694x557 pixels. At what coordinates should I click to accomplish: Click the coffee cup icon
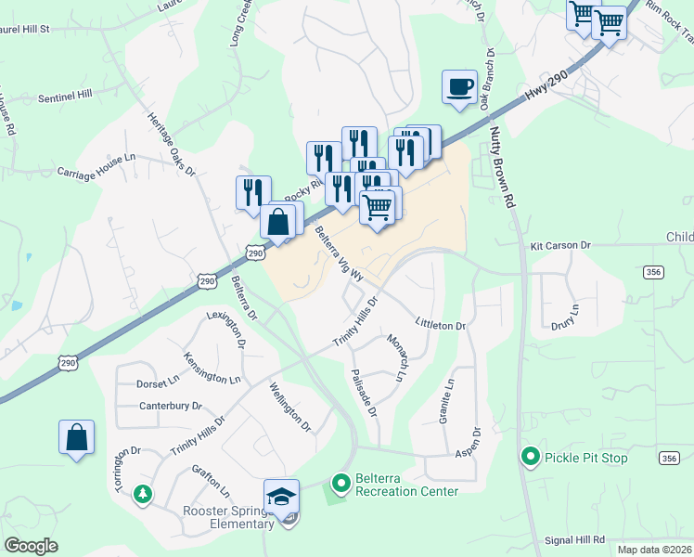[x=460, y=87]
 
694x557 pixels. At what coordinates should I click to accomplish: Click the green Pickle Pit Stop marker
[x=530, y=458]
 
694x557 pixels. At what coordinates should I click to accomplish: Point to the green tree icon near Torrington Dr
[x=141, y=492]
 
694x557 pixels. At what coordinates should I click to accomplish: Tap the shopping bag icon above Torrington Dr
[x=76, y=438]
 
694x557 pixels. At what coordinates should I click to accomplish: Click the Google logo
[x=32, y=546]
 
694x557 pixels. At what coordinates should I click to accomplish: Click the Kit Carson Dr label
[x=560, y=245]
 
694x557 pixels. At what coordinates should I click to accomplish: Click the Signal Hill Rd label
[x=574, y=538]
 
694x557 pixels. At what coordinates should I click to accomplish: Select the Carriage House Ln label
[x=96, y=174]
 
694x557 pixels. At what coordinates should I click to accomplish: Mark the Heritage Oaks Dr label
[x=172, y=145]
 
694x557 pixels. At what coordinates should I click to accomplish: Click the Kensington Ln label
[x=212, y=369]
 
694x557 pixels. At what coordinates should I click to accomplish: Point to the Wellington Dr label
[x=290, y=408]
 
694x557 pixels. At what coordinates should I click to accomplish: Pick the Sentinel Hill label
[x=65, y=96]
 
